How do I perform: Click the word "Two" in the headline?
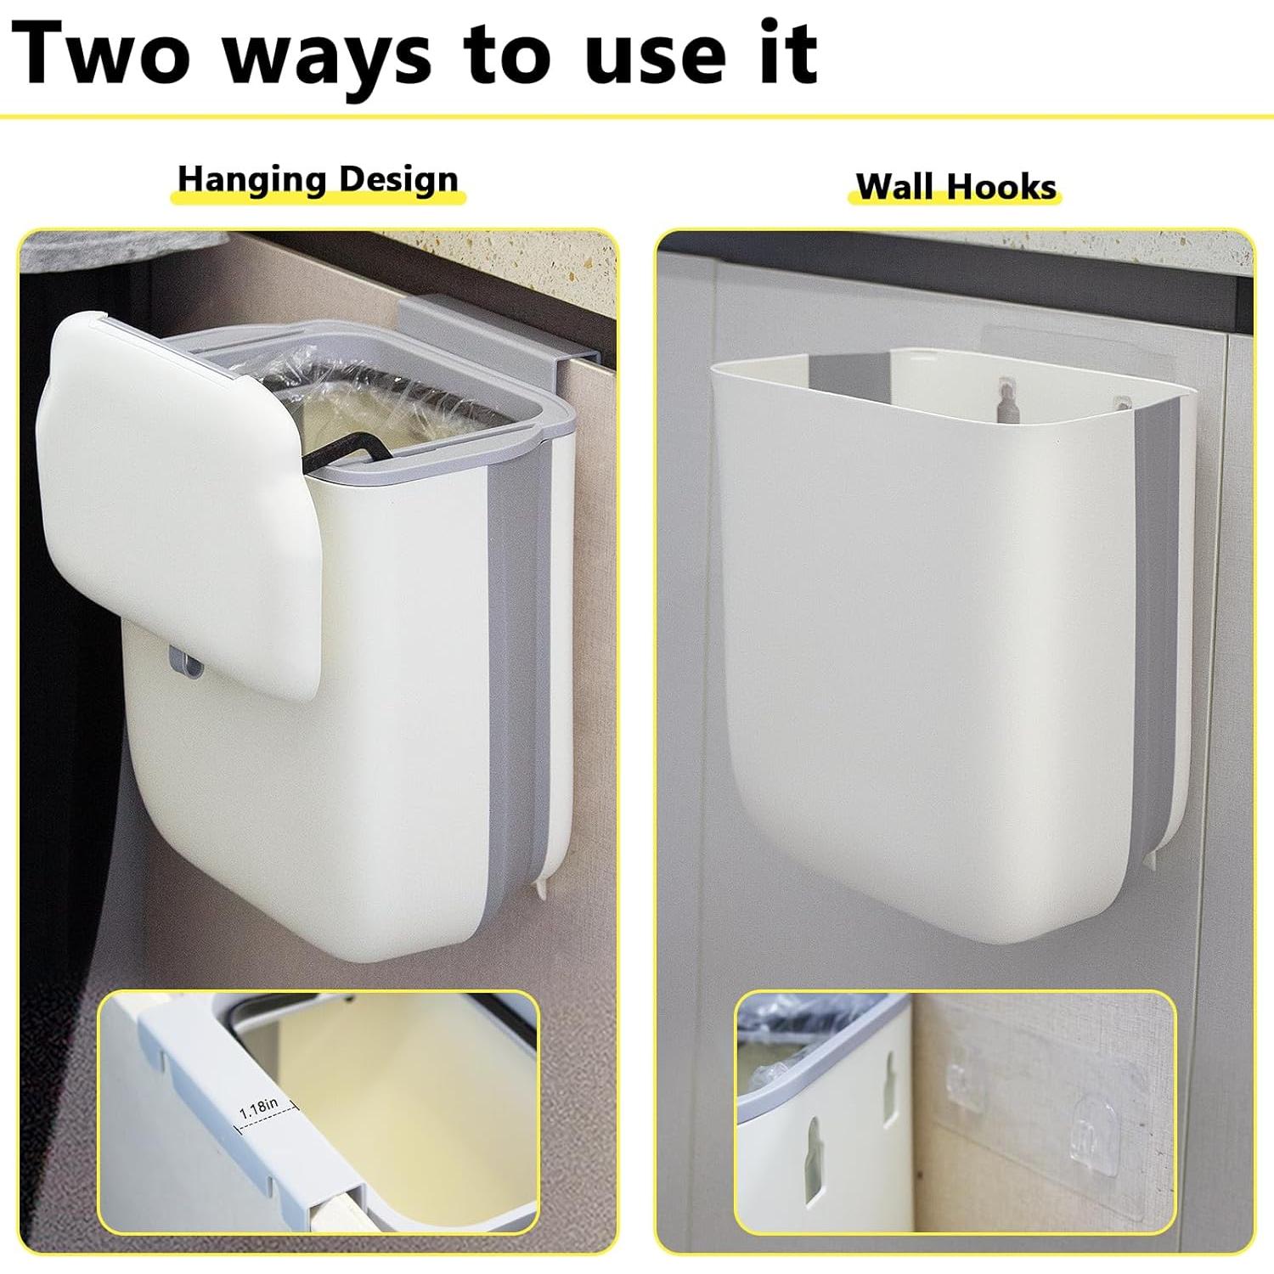102,53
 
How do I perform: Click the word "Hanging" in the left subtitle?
251,180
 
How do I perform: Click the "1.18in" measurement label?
259,1108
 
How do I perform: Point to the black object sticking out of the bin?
340,450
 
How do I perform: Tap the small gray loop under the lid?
186,663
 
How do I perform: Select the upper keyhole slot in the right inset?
889,1091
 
